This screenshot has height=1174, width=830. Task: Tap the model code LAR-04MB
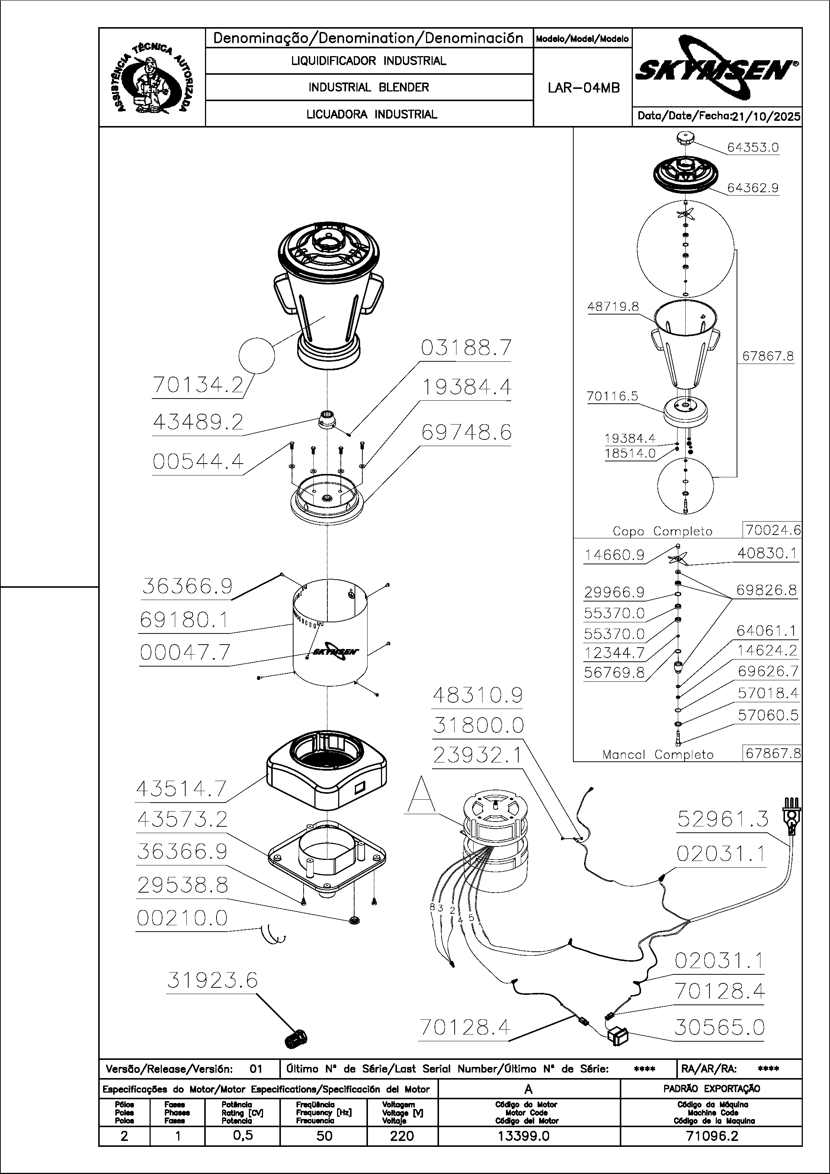click(583, 88)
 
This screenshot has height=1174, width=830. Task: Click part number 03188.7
click(466, 348)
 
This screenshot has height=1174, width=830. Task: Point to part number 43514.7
click(181, 789)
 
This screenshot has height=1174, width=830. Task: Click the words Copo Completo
click(662, 531)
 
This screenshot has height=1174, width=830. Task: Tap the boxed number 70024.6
click(773, 530)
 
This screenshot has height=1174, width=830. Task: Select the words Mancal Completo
click(657, 755)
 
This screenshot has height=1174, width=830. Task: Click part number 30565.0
click(719, 1027)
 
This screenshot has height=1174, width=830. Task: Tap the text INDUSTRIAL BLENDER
click(368, 87)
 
